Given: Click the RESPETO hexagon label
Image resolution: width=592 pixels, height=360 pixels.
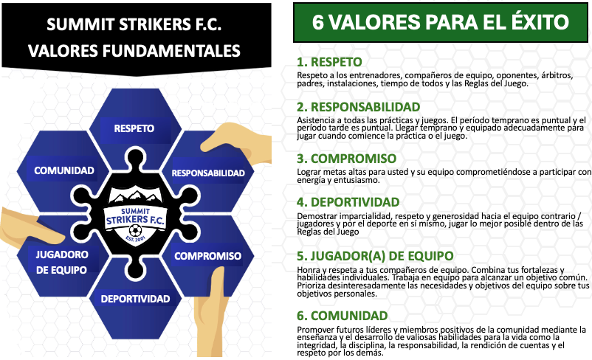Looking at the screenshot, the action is (x=134, y=128).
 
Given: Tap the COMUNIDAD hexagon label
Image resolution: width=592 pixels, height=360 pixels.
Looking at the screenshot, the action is (x=64, y=170).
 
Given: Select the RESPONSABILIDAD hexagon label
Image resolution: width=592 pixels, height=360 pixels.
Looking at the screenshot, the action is (x=208, y=173).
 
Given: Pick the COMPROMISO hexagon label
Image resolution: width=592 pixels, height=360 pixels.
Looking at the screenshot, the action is (x=207, y=256).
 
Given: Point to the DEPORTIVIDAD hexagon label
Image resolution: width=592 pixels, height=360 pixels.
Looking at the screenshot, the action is (x=135, y=299).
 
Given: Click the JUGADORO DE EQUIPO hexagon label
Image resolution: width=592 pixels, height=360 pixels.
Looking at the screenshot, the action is (x=62, y=263).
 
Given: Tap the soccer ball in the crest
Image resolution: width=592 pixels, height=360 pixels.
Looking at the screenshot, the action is (x=135, y=230).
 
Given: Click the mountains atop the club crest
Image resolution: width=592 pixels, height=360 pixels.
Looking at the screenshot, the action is (x=135, y=195).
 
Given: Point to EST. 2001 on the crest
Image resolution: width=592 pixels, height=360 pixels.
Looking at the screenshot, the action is (x=135, y=239).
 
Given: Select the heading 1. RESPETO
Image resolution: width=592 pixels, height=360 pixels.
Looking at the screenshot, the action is (x=329, y=62).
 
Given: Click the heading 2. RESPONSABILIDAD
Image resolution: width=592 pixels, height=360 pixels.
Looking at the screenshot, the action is (x=358, y=107).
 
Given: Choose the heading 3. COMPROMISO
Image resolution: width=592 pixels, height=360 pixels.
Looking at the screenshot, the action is (x=347, y=159).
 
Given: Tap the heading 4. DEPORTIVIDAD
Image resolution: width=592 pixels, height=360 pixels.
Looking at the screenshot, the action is (x=348, y=202).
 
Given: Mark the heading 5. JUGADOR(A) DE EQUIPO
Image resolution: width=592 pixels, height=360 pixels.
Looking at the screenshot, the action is (x=375, y=256).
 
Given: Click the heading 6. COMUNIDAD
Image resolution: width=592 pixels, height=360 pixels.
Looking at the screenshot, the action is (x=343, y=316).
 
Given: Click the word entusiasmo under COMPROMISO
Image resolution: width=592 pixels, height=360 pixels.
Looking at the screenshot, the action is (x=358, y=181).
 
